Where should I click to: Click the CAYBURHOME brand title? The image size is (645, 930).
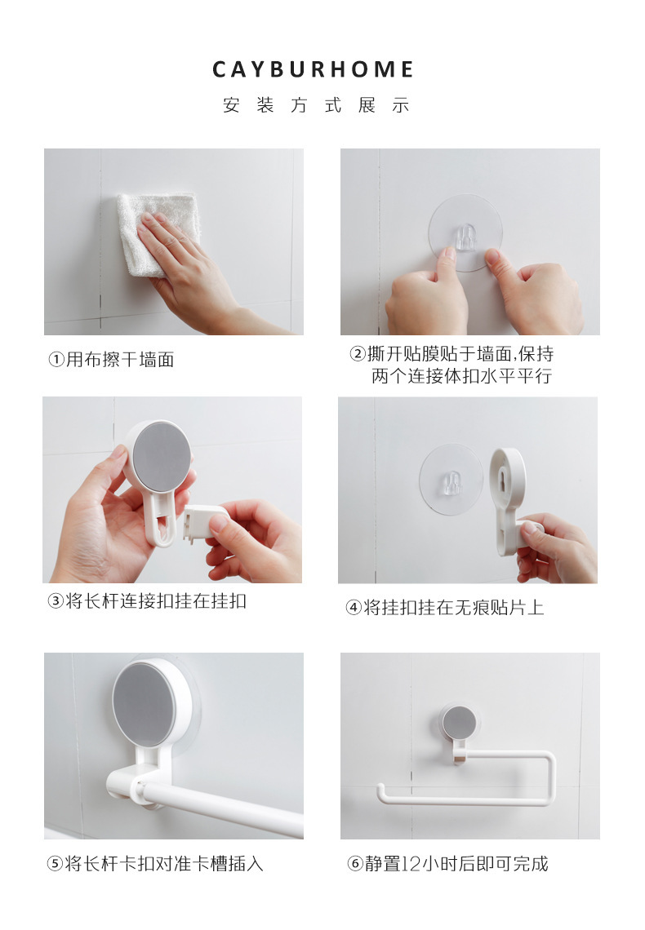coord(314,70)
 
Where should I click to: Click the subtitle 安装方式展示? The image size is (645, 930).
coord(315,106)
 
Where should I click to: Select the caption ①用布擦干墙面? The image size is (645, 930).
coord(111,360)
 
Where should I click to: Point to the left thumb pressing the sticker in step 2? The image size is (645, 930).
coord(446,261)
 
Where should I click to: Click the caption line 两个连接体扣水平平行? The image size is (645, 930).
coord(461,378)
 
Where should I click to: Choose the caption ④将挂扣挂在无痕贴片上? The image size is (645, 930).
coord(444,608)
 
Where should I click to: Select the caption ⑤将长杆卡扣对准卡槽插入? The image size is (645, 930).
coord(155,864)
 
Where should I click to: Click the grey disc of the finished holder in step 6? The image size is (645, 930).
coord(459,723)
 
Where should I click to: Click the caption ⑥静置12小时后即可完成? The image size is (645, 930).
coord(448,864)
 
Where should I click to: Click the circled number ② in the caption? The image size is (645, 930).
coord(358,355)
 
